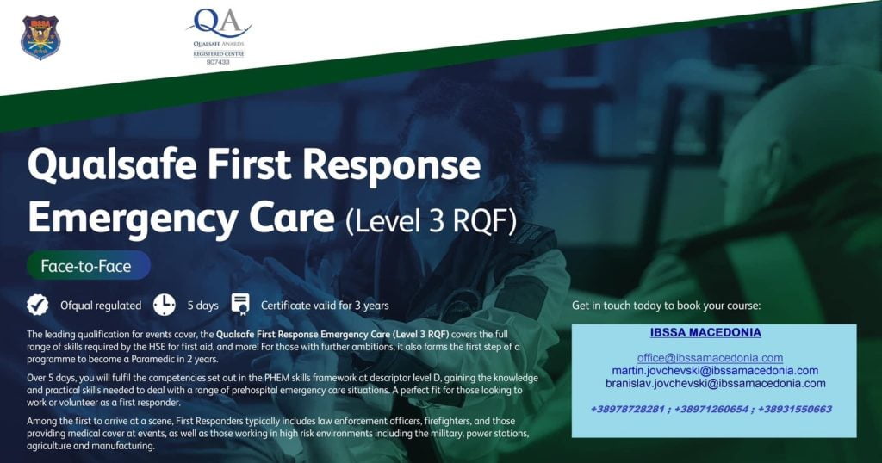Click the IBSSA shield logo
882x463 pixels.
pyautogui.click(x=40, y=37)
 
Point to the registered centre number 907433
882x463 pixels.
pyautogui.click(x=218, y=62)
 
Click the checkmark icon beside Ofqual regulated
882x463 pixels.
pyautogui.click(x=38, y=305)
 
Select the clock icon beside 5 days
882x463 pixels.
pyautogui.click(x=165, y=305)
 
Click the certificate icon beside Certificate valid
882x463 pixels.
pyautogui.click(x=240, y=304)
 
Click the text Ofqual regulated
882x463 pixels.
pyautogui.click(x=101, y=306)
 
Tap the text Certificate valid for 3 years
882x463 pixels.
pyautogui.click(x=325, y=306)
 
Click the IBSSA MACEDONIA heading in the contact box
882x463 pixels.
pyautogui.click(x=705, y=332)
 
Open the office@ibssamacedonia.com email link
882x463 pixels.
pyautogui.click(x=710, y=358)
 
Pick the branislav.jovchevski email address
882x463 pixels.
pyautogui.click(x=716, y=384)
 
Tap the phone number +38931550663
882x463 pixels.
pyautogui.click(x=795, y=409)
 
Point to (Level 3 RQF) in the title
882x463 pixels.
pyautogui.click(x=431, y=221)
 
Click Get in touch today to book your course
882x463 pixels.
pyautogui.click(x=666, y=306)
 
